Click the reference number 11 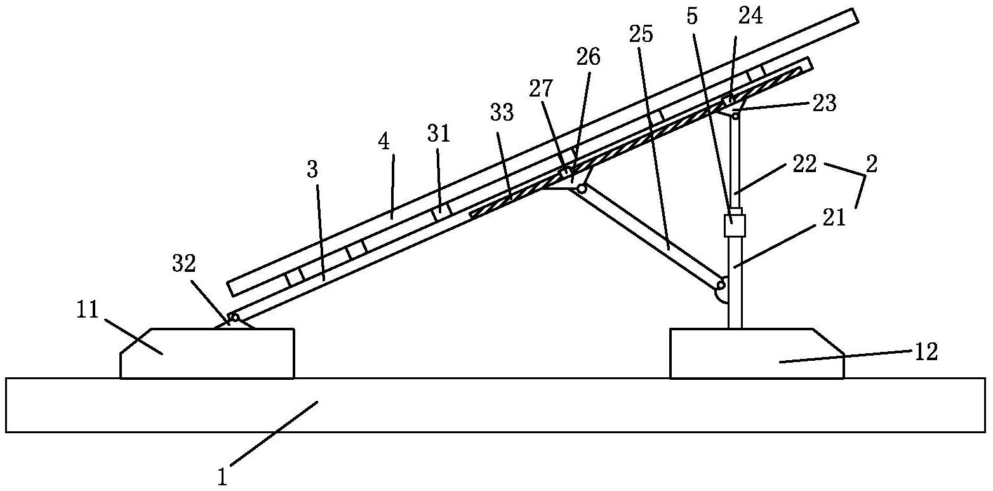pos(88,310)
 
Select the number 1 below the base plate pos(223,477)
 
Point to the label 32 pos(184,265)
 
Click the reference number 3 pos(312,170)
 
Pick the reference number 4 pos(384,142)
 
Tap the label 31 pos(439,133)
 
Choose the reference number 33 pos(502,112)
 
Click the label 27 pos(541,88)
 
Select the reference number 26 pos(589,57)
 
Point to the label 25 pos(641,34)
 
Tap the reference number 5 pos(691,17)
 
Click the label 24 pos(750,15)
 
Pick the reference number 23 pos(824,103)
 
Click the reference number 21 pos(834,219)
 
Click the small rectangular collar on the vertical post pos(735,225)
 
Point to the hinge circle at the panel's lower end pos(234,318)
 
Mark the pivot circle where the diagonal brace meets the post pos(721,284)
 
